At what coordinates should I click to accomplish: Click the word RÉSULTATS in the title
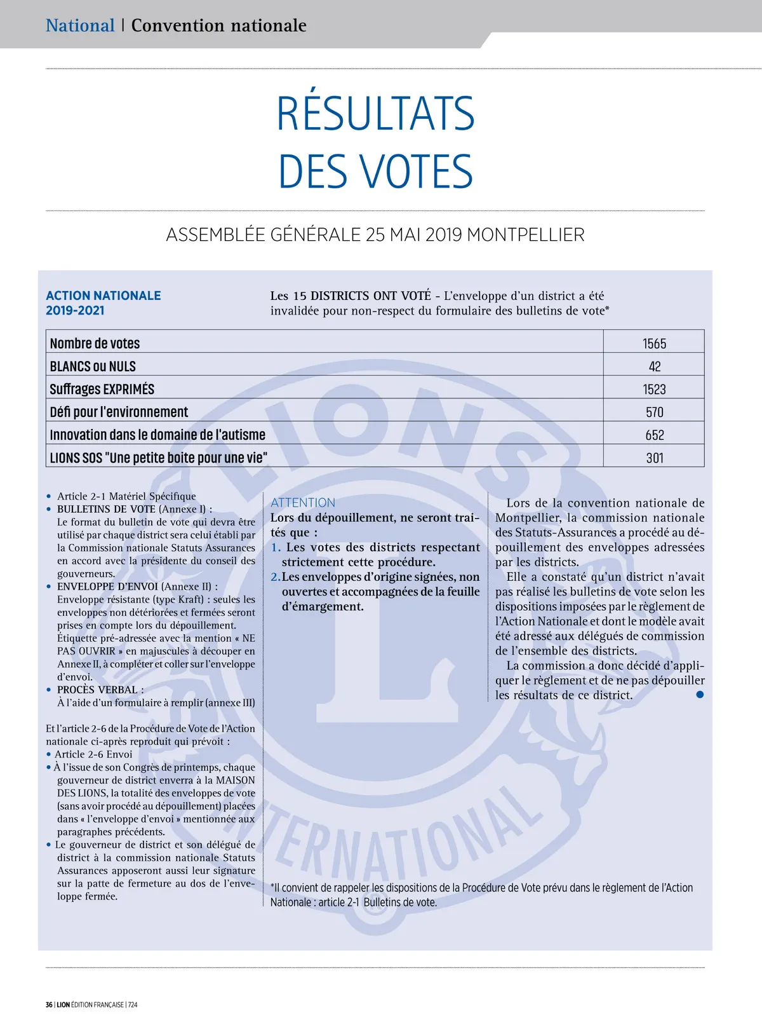pyautogui.click(x=375, y=114)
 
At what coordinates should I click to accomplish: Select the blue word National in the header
pyautogui.click(x=80, y=25)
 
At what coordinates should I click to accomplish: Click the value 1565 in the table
pyautogui.click(x=654, y=344)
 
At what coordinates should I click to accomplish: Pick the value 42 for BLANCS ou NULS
pyautogui.click(x=655, y=367)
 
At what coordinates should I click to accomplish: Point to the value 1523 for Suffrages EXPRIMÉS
pyautogui.click(x=654, y=390)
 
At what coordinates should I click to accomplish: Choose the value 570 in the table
pyautogui.click(x=655, y=412)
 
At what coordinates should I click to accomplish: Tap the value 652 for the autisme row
pyautogui.click(x=655, y=435)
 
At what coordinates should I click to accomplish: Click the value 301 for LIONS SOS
pyautogui.click(x=655, y=458)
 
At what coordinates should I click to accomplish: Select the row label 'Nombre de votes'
pyautogui.click(x=95, y=344)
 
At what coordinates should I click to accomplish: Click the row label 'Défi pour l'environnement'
pyautogui.click(x=119, y=412)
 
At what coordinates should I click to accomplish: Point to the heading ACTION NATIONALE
pyautogui.click(x=103, y=296)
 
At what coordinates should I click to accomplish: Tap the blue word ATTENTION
pyautogui.click(x=303, y=503)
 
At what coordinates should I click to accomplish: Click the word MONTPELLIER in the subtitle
pyautogui.click(x=525, y=235)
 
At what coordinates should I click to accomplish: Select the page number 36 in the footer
pyautogui.click(x=49, y=1005)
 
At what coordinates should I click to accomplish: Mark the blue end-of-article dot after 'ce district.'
pyautogui.click(x=700, y=695)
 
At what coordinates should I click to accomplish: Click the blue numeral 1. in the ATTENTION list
pyautogui.click(x=276, y=548)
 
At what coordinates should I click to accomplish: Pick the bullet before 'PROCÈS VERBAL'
pyautogui.click(x=49, y=690)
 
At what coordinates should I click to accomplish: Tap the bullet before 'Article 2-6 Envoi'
pyautogui.click(x=48, y=754)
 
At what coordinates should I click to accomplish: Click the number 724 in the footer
pyautogui.click(x=132, y=1005)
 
